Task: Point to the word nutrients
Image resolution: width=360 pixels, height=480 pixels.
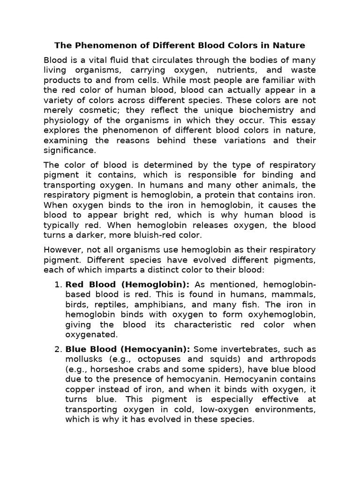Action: tap(234, 70)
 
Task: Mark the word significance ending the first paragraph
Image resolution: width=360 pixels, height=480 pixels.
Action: tap(69, 150)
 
